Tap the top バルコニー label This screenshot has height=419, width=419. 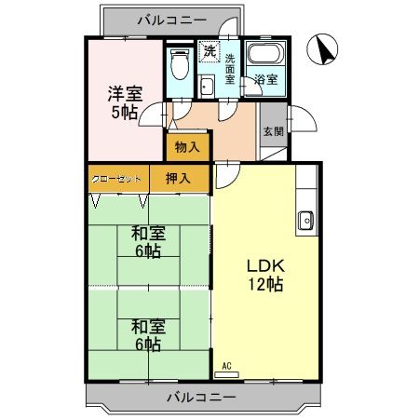[x=164, y=18]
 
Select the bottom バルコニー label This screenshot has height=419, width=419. [x=202, y=397]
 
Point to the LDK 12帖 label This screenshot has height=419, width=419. [x=265, y=275]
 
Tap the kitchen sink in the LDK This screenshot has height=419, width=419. [x=304, y=222]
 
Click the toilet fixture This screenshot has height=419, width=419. [x=180, y=67]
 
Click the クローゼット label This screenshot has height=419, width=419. [x=117, y=178]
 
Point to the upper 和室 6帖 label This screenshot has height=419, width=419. [x=147, y=243]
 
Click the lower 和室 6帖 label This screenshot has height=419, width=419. [x=147, y=335]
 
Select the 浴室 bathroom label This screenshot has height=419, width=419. [x=265, y=80]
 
